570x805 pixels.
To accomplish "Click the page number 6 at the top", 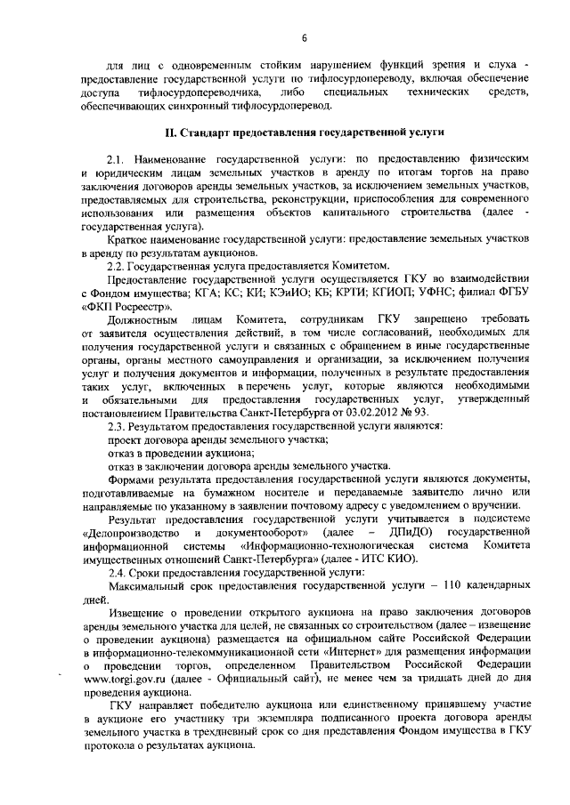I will click(304, 38).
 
